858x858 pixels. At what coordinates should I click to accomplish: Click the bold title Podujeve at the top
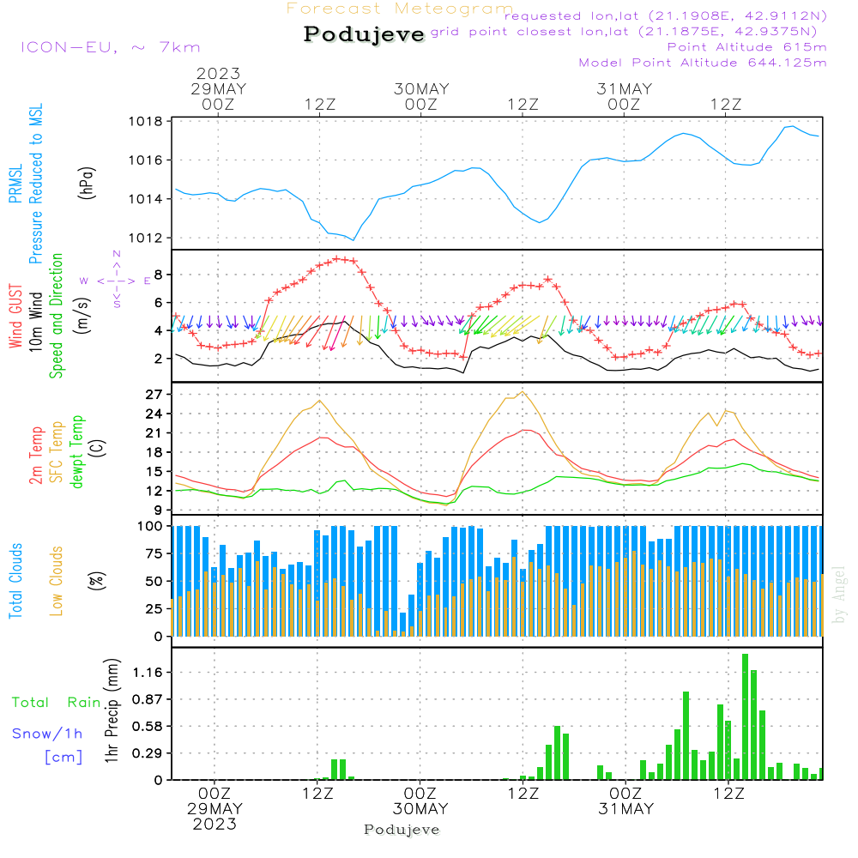[365, 34]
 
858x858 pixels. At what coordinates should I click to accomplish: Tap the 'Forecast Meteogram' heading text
[400, 9]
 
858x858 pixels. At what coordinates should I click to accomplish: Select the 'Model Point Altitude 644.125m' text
[703, 63]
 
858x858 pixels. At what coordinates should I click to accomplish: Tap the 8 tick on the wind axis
[159, 275]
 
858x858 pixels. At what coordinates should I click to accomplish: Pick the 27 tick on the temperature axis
[154, 395]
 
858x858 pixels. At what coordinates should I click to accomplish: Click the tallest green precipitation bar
[745, 716]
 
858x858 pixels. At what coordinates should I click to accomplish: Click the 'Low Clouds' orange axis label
[57, 579]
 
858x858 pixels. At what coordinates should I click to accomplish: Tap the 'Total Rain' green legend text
[57, 703]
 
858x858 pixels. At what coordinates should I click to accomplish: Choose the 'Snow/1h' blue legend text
[47, 734]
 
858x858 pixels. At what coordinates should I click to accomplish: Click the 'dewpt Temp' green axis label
[78, 451]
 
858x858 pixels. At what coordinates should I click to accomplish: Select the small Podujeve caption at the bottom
[402, 830]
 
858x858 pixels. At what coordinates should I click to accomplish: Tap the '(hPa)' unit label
[87, 182]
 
